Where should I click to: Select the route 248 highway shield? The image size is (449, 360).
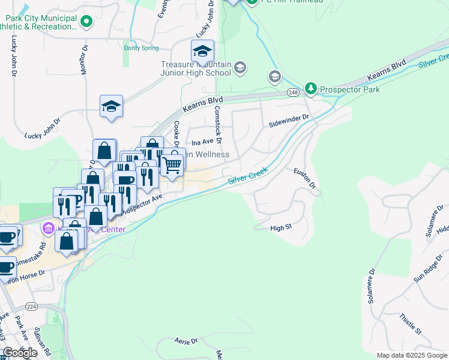click(x=293, y=92)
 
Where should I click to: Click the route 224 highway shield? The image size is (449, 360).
click(x=32, y=306)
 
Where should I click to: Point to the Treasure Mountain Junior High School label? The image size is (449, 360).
click(x=195, y=68)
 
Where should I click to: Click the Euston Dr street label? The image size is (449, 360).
click(x=304, y=178)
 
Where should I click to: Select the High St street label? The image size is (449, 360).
click(x=280, y=228)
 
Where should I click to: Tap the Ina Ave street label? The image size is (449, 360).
click(x=202, y=142)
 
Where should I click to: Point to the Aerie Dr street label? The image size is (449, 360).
click(x=185, y=341)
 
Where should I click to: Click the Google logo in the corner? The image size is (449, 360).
click(x=20, y=353)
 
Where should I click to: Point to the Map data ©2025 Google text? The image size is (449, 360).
click(x=411, y=355)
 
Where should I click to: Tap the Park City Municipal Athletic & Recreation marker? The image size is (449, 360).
click(x=86, y=22)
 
